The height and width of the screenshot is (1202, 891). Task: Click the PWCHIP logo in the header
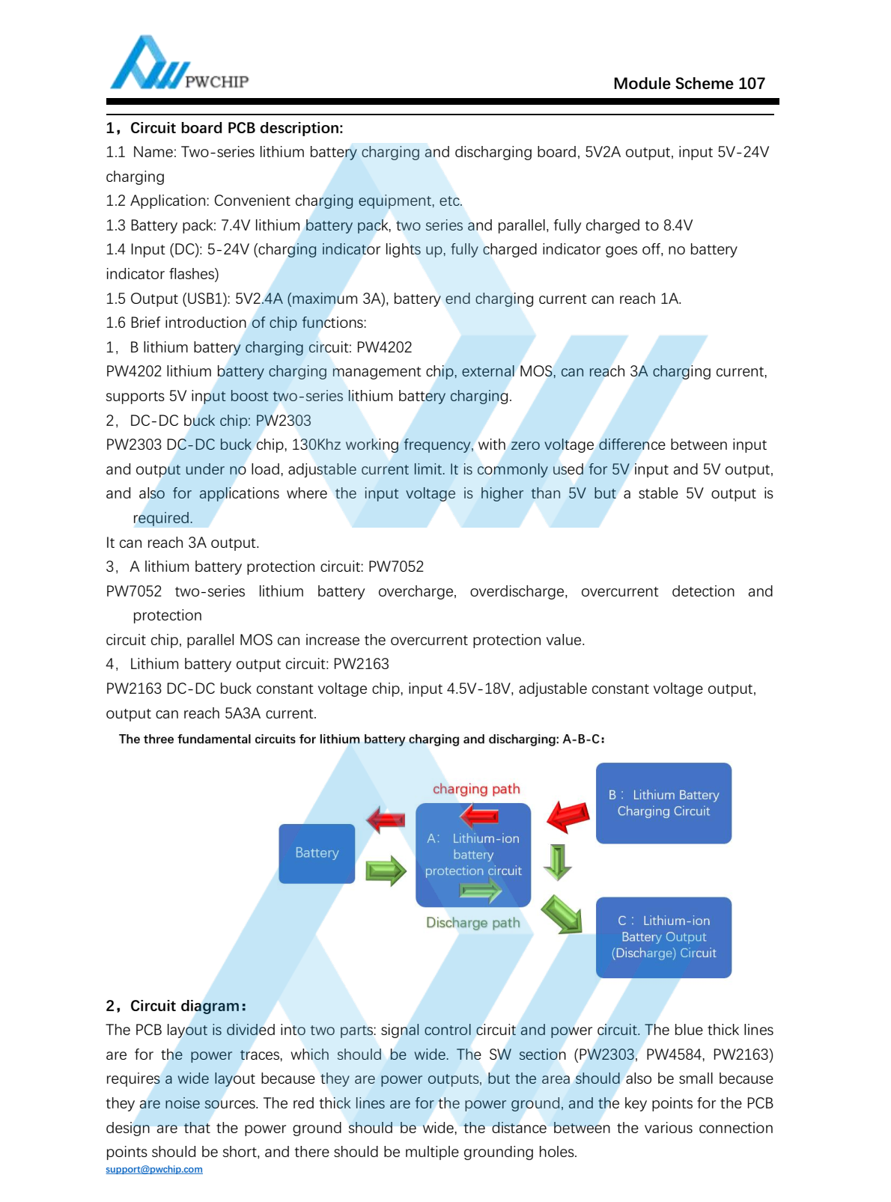pyautogui.click(x=178, y=65)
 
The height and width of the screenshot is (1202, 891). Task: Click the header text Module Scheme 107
pyautogui.click(x=689, y=84)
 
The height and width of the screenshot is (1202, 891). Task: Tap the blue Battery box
pyautogui.click(x=317, y=853)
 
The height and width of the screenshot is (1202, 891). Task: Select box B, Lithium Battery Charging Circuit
pyautogui.click(x=663, y=803)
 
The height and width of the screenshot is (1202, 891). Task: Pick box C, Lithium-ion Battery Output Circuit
pyautogui.click(x=663, y=937)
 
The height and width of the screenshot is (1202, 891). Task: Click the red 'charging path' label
pyautogui.click(x=476, y=789)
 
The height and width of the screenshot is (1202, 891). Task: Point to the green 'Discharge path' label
pyautogui.click(x=472, y=923)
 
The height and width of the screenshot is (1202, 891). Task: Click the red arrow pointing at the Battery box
pyautogui.click(x=386, y=820)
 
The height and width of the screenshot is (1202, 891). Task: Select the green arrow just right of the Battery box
pyautogui.click(x=386, y=871)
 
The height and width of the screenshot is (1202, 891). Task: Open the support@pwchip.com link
pyautogui.click(x=154, y=1170)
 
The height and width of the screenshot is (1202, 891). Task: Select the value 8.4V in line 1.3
pyautogui.click(x=678, y=225)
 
